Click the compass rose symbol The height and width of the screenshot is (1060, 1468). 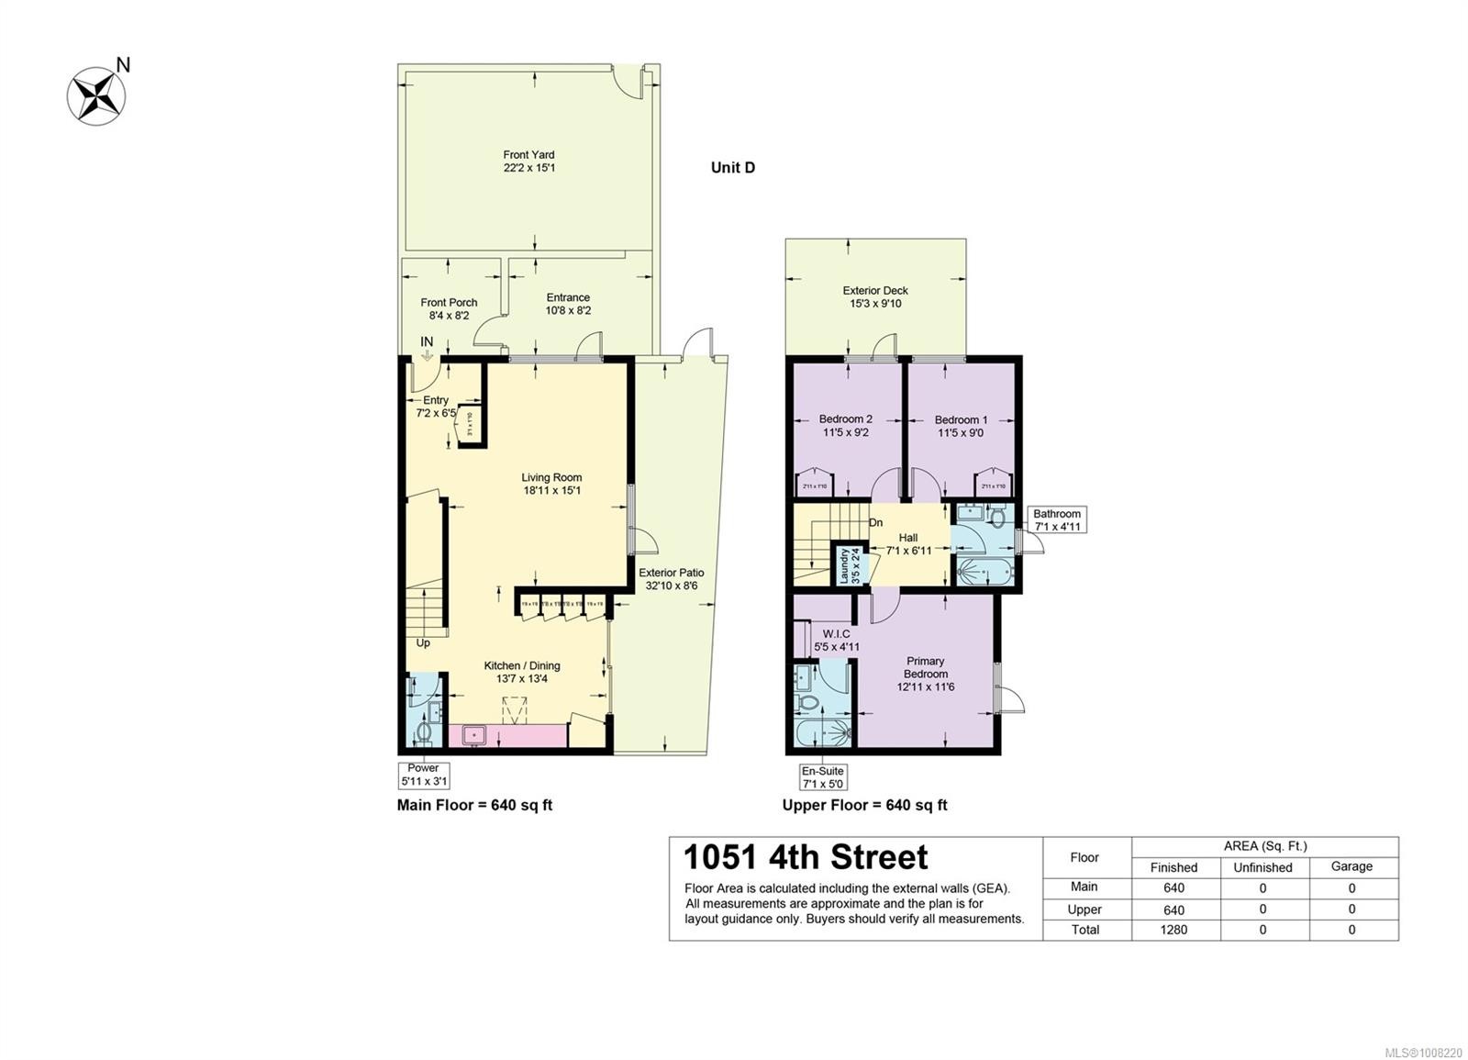(95, 95)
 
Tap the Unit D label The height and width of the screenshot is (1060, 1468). (732, 167)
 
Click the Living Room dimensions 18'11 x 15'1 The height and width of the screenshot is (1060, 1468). (551, 491)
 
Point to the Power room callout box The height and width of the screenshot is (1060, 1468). (423, 775)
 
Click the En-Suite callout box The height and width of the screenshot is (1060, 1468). (822, 777)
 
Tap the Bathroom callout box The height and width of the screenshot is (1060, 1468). (1057, 520)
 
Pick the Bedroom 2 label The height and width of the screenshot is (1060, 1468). (845, 426)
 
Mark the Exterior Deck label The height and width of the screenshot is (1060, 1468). (874, 296)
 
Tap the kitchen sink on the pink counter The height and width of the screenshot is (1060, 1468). (474, 735)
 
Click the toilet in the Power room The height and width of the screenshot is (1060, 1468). (423, 731)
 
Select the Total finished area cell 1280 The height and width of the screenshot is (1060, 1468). (1173, 930)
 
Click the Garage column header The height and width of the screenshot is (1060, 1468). (1351, 866)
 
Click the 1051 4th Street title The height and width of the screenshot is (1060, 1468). (806, 857)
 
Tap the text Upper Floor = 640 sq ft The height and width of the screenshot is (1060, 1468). (864, 805)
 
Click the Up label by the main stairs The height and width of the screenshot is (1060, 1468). (423, 643)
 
